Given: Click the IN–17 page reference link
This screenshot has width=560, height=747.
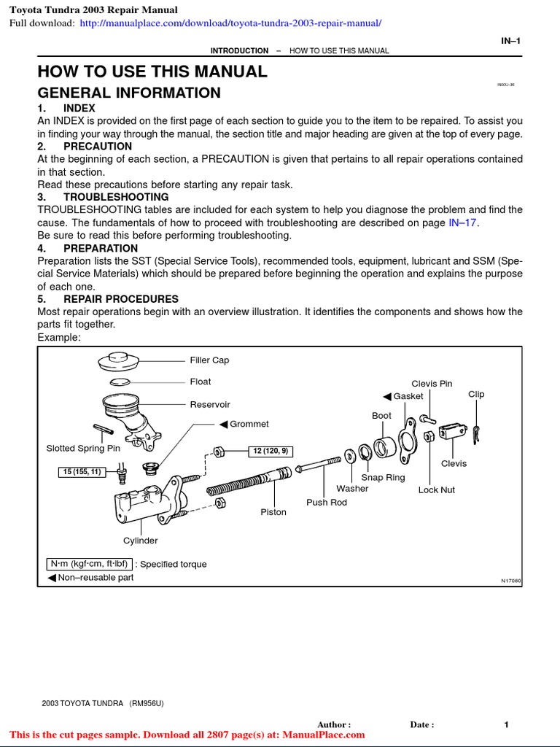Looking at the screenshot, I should [x=464, y=222].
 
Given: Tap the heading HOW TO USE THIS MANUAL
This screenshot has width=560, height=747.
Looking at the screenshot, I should [x=152, y=71].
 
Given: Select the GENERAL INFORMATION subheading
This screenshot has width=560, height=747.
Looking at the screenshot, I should [x=129, y=93].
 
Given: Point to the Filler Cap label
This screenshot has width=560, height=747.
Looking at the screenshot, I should [x=209, y=360].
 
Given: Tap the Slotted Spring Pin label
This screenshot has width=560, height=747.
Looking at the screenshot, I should [x=83, y=449].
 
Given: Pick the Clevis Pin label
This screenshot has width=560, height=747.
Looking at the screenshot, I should [x=432, y=384].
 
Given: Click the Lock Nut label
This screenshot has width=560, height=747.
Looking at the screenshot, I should [x=436, y=490].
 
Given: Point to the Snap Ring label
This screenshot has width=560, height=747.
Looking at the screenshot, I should [x=383, y=477].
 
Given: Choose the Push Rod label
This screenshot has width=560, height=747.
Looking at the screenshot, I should [x=327, y=503].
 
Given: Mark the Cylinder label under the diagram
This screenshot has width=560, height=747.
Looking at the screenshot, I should [x=140, y=541].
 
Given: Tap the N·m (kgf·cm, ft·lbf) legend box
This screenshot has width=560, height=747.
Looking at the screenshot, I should [x=88, y=564].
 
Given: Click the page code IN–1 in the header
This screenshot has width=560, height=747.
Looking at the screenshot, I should [x=510, y=41].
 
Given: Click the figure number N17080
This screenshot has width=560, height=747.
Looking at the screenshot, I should [x=511, y=581].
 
